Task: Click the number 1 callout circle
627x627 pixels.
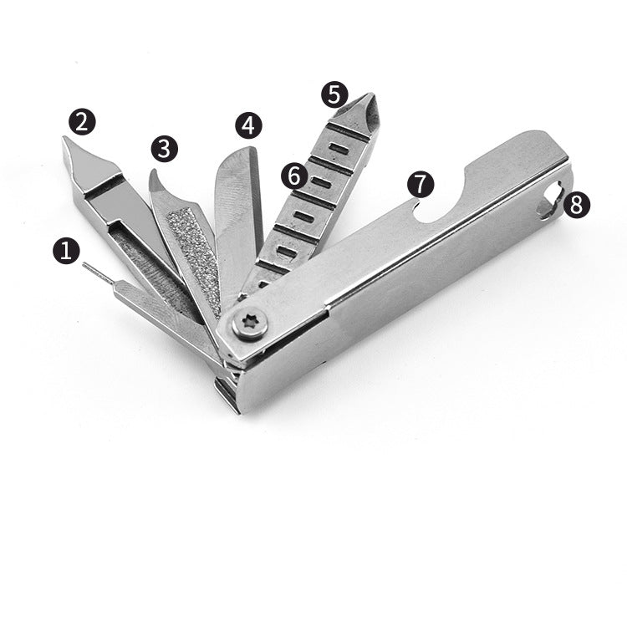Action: (x=66, y=251)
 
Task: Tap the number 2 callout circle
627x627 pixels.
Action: (x=82, y=121)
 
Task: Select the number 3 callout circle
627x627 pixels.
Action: (x=165, y=148)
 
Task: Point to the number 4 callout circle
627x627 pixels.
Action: (x=248, y=125)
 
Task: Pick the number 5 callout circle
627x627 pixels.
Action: (x=334, y=94)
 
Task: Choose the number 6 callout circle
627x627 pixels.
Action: (x=295, y=176)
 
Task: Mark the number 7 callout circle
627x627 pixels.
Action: (x=421, y=184)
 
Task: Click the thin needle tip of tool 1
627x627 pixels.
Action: (x=84, y=264)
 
